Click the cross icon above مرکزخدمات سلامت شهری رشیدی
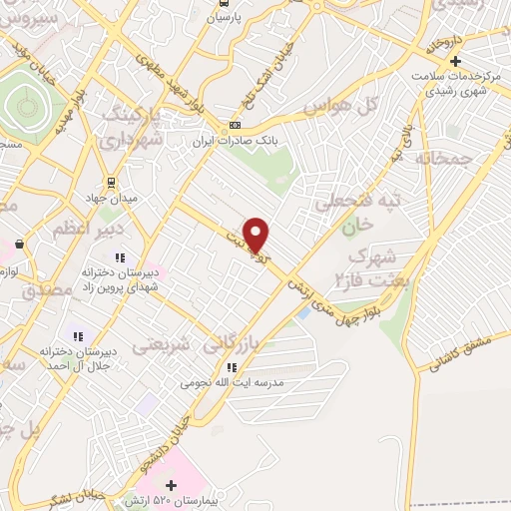(454, 60)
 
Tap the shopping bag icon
(19, 244)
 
